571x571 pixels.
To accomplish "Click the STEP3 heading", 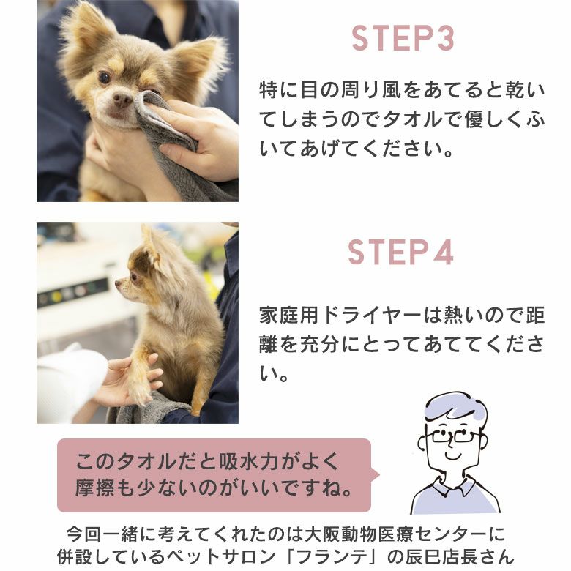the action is [x=403, y=38].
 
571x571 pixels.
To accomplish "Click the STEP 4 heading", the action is [x=400, y=252].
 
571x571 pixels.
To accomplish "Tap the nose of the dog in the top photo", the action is [x=122, y=98].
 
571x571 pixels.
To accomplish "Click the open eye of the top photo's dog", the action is [x=104, y=77].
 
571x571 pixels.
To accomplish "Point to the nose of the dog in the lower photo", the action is [x=119, y=283].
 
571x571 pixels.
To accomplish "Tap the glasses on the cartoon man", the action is [x=452, y=435].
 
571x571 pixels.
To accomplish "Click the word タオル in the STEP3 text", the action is [x=412, y=120].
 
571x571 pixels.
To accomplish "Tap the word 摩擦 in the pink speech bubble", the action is [x=95, y=488].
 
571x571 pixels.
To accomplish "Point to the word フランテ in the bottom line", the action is [x=335, y=557].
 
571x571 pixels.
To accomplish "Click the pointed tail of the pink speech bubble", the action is [x=378, y=474].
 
